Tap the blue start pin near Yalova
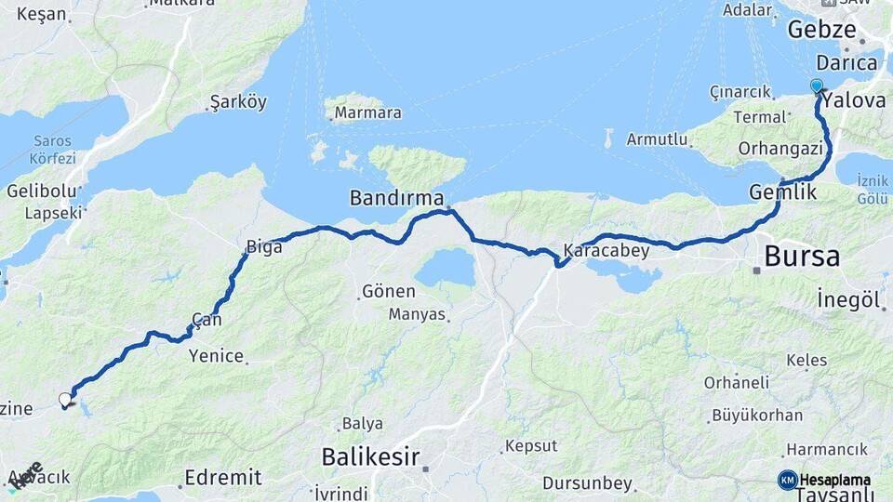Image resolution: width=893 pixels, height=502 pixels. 817,86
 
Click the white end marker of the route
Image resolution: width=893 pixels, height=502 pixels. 65,401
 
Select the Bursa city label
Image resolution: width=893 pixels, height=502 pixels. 801,257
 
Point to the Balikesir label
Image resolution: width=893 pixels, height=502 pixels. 370,456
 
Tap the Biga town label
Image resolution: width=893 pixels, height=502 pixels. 264,247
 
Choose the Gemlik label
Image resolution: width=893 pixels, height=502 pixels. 782,192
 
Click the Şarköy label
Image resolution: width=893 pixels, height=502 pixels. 238,102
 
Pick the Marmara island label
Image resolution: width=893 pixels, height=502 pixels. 367,112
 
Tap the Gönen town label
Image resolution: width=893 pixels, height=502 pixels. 388,292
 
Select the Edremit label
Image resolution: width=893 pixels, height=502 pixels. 222,478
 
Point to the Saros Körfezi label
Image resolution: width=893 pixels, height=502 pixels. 54,150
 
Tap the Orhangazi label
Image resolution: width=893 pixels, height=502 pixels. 780,149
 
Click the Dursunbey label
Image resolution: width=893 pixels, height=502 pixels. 588,484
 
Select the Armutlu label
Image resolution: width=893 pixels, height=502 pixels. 657,140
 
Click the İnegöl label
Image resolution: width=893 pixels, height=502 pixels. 847,299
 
